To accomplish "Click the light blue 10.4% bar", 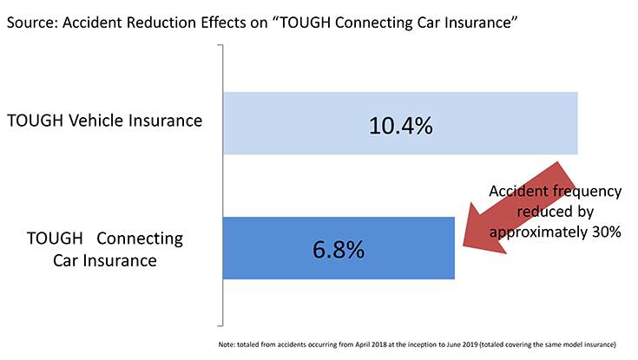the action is tap(400, 123).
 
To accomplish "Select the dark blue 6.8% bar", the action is tap(339, 248).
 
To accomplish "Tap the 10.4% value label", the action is tap(401, 125).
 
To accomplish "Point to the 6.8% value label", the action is tap(339, 249).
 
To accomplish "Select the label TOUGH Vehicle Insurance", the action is tap(104, 121).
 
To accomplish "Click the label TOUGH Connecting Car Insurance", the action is tap(105, 249).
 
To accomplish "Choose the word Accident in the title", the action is tap(92, 23).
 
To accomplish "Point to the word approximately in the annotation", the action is tap(538, 232).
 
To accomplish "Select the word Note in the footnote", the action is tap(227, 344).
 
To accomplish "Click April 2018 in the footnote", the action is tap(371, 344).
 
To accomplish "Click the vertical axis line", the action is tap(222, 185).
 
